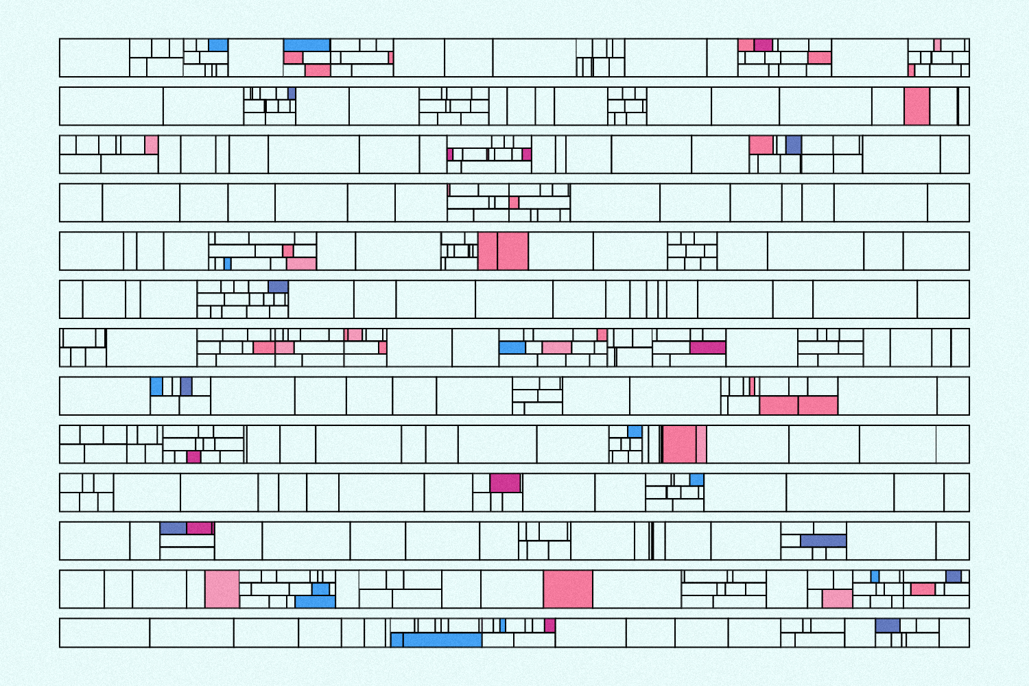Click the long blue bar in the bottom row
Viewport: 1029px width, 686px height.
[442, 640]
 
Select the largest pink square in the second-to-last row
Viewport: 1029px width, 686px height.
[568, 589]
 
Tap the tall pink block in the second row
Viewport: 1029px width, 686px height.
[916, 106]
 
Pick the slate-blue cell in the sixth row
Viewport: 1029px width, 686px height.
[278, 287]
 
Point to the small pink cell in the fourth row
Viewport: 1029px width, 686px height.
[514, 202]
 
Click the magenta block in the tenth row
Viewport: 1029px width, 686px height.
[505, 483]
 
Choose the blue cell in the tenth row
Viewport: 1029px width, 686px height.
[696, 480]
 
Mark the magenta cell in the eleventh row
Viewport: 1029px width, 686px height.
[199, 528]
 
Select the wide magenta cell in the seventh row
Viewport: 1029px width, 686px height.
[707, 347]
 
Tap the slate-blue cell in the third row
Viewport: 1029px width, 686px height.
[793, 144]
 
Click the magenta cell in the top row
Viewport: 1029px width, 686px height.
[764, 45]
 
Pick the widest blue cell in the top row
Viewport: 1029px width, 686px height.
[307, 45]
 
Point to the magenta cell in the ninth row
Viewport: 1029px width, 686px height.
[193, 457]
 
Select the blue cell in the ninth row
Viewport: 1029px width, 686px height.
[635, 431]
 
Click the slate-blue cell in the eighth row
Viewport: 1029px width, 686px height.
[186, 386]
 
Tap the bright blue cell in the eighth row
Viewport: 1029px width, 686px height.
[156, 386]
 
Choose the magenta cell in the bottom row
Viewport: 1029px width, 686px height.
[549, 626]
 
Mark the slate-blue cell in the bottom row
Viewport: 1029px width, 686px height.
[887, 626]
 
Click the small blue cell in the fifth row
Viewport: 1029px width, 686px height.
[228, 263]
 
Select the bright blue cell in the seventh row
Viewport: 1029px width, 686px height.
[512, 348]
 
